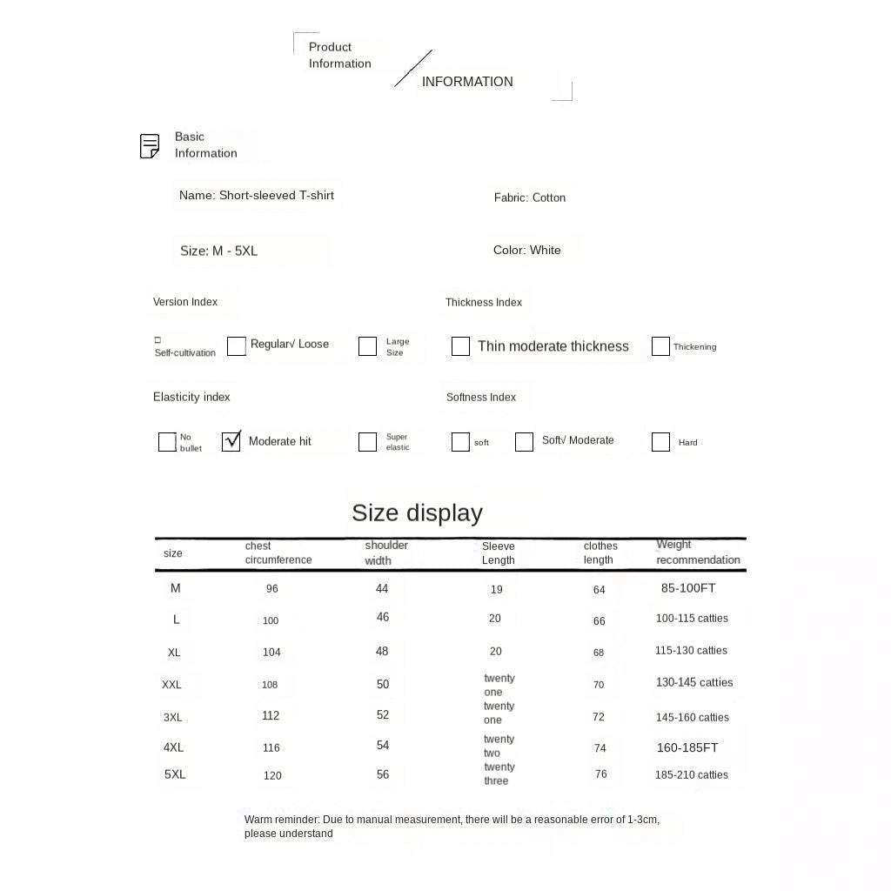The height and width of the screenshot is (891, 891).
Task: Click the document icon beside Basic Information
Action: pyautogui.click(x=150, y=146)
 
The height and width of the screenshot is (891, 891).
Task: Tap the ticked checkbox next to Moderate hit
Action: pyautogui.click(x=231, y=441)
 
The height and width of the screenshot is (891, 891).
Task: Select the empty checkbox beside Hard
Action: pyautogui.click(x=660, y=442)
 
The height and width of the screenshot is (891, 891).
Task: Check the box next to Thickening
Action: pyautogui.click(x=660, y=346)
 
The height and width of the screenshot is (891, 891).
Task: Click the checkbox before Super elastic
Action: pyautogui.click(x=367, y=442)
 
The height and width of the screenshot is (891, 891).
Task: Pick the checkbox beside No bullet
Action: pyautogui.click(x=167, y=442)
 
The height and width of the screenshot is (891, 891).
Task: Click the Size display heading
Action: pyautogui.click(x=417, y=512)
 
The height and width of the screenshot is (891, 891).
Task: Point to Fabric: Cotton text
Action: pyautogui.click(x=529, y=198)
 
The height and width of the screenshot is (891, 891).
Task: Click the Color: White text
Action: pyautogui.click(x=526, y=250)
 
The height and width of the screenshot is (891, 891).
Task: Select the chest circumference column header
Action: pyautogui.click(x=278, y=553)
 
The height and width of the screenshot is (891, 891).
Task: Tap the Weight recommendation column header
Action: pyautogui.click(x=698, y=553)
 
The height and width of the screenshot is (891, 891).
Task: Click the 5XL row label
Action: pyautogui.click(x=175, y=774)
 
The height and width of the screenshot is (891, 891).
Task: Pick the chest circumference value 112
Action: pyautogui.click(x=271, y=716)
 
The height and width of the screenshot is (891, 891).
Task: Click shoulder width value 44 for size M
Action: pyautogui.click(x=382, y=589)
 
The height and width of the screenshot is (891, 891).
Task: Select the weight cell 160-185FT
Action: pyautogui.click(x=687, y=747)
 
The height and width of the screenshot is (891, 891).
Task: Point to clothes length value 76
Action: pyautogui.click(x=601, y=774)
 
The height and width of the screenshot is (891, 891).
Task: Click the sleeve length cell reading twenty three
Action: pyautogui.click(x=499, y=774)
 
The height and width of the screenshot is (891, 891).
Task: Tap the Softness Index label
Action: pyautogui.click(x=481, y=397)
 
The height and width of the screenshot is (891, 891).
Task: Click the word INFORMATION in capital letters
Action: pyautogui.click(x=467, y=82)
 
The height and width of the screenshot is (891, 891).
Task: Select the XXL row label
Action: pyautogui.click(x=171, y=685)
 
